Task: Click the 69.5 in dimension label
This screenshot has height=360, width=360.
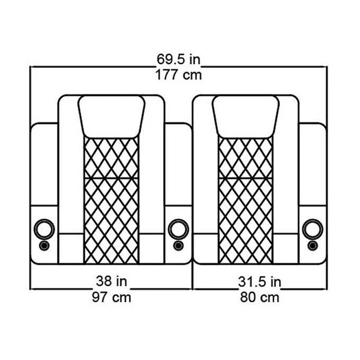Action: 178,59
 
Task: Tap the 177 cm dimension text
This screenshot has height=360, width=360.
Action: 179,75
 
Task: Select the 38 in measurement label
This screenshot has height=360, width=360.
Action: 111,281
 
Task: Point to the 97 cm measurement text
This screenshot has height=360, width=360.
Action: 111,297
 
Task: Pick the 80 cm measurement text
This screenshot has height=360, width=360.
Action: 259,297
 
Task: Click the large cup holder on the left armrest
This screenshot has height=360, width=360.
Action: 44,229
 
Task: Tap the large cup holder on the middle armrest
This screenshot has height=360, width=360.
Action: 178,229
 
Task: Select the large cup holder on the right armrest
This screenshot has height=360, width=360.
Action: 312,229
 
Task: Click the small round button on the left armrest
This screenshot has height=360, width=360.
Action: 44,246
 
